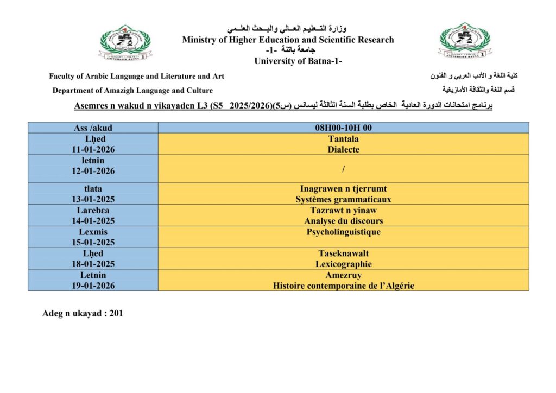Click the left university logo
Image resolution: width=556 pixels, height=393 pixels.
(x=125, y=42)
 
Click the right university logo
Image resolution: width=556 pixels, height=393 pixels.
(x=464, y=41)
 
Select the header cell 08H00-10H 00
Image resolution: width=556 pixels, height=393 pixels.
(x=343, y=128)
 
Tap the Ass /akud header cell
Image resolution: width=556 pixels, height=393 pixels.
(x=93, y=128)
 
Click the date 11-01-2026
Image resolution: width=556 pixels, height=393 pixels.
(x=93, y=149)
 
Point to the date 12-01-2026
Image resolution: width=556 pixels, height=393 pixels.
(x=93, y=171)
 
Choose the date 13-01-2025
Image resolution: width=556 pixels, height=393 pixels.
(x=93, y=199)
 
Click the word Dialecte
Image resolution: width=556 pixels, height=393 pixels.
(x=343, y=149)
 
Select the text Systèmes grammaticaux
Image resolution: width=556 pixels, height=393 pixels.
(x=343, y=199)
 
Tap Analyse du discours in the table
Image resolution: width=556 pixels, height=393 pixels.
(x=343, y=221)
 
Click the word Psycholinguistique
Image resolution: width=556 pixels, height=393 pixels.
(x=343, y=232)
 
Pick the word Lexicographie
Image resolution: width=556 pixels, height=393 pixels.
(x=343, y=264)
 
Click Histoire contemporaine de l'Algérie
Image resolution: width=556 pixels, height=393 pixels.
(x=343, y=286)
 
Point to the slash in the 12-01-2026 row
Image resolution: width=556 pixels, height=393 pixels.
(x=343, y=169)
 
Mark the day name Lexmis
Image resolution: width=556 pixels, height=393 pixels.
(x=93, y=232)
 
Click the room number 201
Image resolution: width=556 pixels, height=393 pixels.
(x=116, y=313)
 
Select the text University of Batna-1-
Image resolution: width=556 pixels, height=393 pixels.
(x=298, y=61)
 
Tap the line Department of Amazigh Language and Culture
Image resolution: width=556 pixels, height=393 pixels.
(x=132, y=91)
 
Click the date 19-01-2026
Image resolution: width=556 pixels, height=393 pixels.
(x=93, y=286)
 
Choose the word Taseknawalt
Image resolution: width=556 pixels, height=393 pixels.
(x=343, y=253)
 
